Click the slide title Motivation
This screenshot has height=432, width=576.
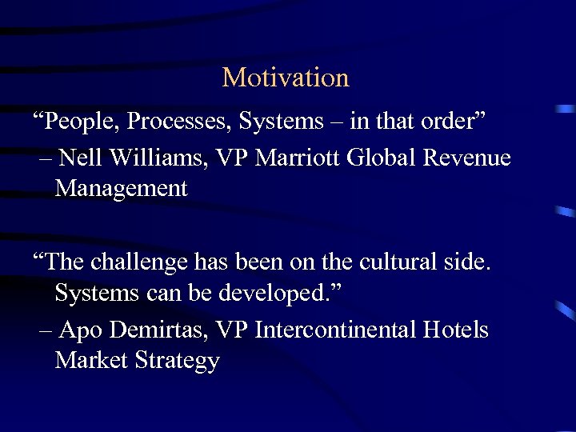286,78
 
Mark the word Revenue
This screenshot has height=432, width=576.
466,158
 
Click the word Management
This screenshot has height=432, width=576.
121,190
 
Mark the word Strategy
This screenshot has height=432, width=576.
177,362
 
